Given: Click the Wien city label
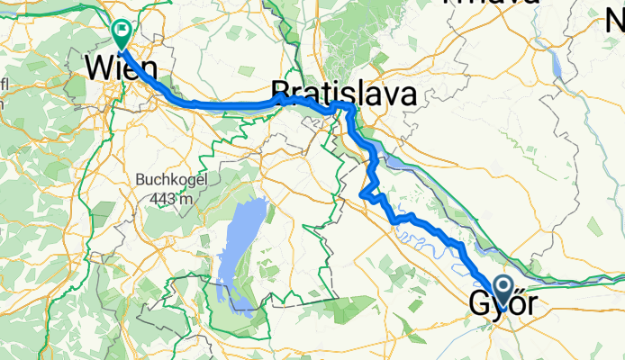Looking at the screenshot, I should [121, 68].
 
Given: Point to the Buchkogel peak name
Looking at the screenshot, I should [171, 180].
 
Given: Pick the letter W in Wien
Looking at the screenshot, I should [97, 68].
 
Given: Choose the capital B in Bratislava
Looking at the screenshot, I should [281, 93].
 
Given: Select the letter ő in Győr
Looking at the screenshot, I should [517, 306].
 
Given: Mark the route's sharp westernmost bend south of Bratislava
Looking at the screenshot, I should [362, 193].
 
